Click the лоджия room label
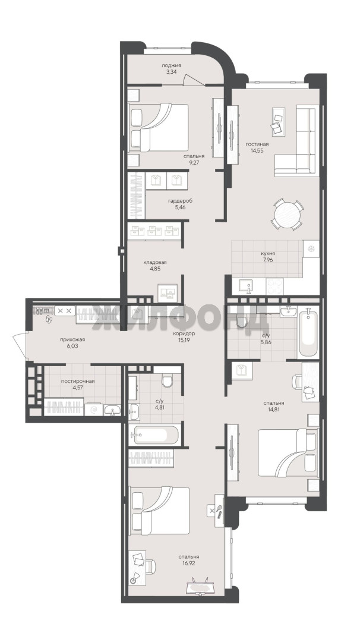171,65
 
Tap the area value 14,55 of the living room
257,150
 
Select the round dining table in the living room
288,214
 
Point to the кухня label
267,253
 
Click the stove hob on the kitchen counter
274,286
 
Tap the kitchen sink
247,286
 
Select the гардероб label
180,201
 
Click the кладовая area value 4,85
154,269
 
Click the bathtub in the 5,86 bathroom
308,333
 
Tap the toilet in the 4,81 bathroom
168,381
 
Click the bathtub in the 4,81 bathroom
154,435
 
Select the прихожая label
72,339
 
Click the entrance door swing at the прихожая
19,344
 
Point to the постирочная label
78,381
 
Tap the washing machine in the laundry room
94,410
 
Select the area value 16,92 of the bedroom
188,564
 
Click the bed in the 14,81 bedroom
288,453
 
